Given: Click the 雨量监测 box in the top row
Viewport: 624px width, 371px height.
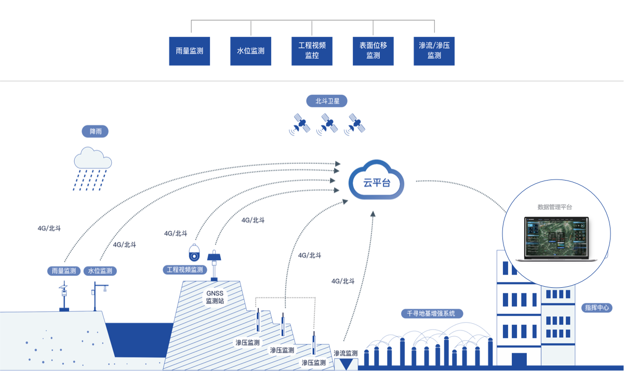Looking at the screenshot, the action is tap(190, 51).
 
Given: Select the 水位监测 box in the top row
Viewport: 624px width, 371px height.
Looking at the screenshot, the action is tap(251, 51).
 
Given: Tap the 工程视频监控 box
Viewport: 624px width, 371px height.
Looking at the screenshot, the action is tap(312, 51).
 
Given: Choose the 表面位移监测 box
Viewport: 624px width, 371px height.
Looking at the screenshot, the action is tap(373, 51).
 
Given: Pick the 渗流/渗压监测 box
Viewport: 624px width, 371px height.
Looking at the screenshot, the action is tap(434, 51).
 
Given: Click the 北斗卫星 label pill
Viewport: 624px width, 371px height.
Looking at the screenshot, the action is tap(327, 101).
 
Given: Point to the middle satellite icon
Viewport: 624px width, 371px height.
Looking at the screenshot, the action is tap(327, 124).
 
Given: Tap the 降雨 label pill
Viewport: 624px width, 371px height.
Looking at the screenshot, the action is tap(95, 131).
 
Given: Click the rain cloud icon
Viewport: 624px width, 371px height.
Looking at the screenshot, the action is tap(92, 169).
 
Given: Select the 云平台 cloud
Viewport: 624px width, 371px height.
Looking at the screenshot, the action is tap(376, 180).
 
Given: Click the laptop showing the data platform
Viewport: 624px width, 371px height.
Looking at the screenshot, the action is tap(556, 239).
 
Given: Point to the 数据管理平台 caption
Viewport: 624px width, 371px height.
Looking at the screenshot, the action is tap(554, 207).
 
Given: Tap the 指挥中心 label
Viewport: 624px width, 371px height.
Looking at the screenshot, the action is tap(596, 308).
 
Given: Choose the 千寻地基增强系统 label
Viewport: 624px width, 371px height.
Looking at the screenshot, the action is tap(432, 314).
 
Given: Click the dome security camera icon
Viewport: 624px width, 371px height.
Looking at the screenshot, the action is tap(194, 253).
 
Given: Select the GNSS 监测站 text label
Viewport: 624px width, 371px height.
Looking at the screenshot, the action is tap(215, 297).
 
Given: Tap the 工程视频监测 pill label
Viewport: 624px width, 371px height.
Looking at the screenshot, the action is tap(184, 270).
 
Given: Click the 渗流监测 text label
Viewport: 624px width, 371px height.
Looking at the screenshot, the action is tap(346, 353).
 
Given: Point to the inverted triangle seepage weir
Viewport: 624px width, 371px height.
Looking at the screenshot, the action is tap(346, 364).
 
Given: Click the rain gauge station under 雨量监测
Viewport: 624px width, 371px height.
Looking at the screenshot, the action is tap(64, 296).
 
